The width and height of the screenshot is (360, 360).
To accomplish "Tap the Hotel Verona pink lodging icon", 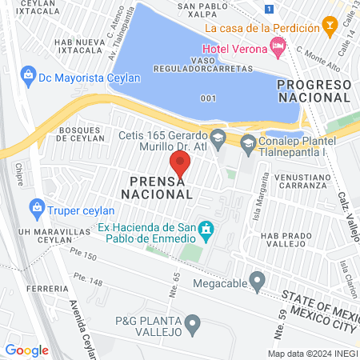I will (x=278, y=46).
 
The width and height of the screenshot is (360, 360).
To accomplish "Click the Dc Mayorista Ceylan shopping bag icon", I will (x=28, y=76).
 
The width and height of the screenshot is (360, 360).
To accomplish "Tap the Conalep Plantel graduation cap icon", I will (x=248, y=143).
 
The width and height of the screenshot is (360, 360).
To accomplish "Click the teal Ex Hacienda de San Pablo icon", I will (x=206, y=230).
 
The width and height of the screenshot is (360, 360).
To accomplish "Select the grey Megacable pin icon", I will (x=257, y=280).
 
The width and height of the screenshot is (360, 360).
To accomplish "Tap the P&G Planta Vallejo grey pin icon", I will (x=192, y=324).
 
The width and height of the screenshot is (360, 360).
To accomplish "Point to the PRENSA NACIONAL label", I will (x=158, y=187).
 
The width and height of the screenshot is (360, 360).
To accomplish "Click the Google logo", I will (x=27, y=350).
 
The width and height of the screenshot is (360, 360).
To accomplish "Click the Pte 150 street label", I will (x=84, y=256).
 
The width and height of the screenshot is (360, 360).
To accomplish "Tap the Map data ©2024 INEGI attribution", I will (x=311, y=354).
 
